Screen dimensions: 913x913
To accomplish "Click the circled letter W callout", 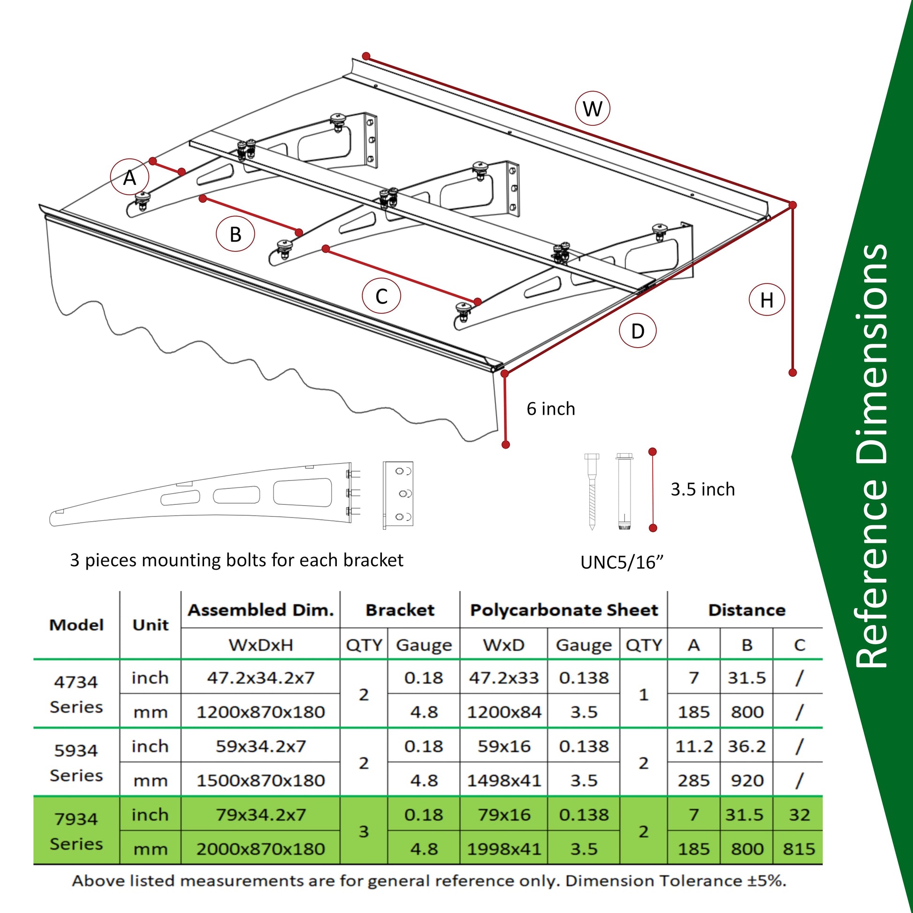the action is pyautogui.click(x=592, y=109).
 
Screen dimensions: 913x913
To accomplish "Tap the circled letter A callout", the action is pyautogui.click(x=129, y=178).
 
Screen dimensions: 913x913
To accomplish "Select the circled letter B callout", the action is pyautogui.click(x=236, y=234).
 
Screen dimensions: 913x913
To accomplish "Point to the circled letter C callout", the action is pyautogui.click(x=381, y=297).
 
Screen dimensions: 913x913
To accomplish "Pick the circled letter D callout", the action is pyautogui.click(x=638, y=331).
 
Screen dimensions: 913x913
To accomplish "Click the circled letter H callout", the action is pyautogui.click(x=767, y=300).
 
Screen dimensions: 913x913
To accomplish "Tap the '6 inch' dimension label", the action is pyautogui.click(x=551, y=409).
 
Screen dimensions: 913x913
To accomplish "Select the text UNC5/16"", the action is pyautogui.click(x=622, y=563).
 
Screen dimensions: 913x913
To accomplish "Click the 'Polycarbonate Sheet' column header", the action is pyautogui.click(x=564, y=610).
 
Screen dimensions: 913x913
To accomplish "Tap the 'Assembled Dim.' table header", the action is pyautogui.click(x=261, y=610).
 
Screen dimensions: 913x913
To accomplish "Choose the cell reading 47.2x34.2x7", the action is pyautogui.click(x=260, y=677).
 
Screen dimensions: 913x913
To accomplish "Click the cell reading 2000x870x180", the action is pyautogui.click(x=260, y=849).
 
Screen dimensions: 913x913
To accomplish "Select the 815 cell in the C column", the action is pyautogui.click(x=799, y=849).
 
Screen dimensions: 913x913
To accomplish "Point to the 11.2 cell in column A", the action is pyautogui.click(x=694, y=746).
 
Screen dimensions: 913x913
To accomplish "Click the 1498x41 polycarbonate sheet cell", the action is pyautogui.click(x=504, y=780).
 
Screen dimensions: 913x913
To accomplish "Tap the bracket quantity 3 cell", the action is pyautogui.click(x=364, y=831).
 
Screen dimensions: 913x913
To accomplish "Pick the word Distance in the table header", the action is pyautogui.click(x=746, y=610).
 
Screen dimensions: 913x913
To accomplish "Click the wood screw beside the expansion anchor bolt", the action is pyautogui.click(x=592, y=492).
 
